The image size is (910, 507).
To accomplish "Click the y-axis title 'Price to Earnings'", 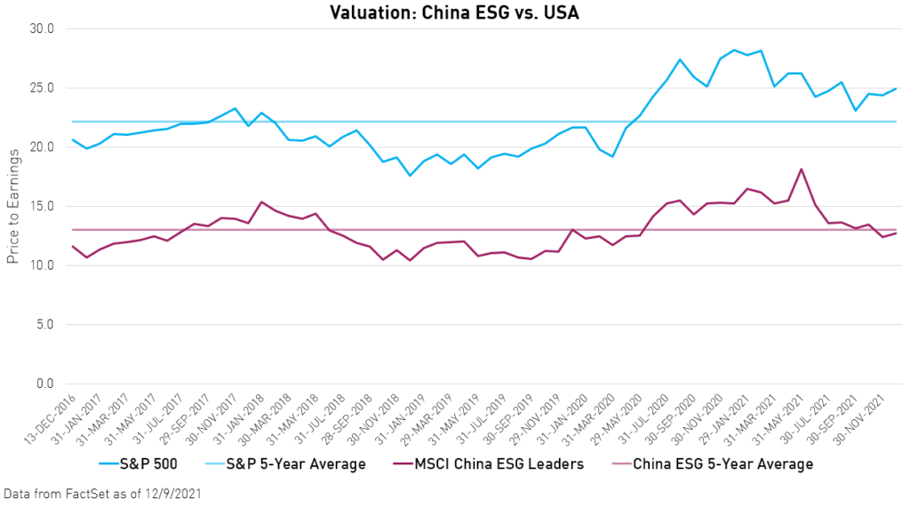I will click(x=12, y=205).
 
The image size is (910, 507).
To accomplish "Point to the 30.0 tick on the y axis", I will click(x=41, y=28).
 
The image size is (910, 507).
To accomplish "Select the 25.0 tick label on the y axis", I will click(x=41, y=88).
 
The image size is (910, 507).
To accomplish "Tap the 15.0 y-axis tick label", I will click(x=41, y=206).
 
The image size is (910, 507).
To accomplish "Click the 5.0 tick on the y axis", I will click(x=44, y=325).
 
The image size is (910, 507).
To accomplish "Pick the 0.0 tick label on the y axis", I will click(x=44, y=384).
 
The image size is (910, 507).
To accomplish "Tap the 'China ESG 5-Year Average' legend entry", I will click(x=722, y=463).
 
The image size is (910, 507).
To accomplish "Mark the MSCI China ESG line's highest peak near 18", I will click(x=802, y=169).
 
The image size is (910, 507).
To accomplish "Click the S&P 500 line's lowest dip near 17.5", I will click(x=410, y=176).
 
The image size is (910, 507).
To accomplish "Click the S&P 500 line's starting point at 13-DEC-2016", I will click(x=73, y=139).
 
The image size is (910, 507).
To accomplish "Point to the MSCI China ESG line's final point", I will click(x=896, y=234).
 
